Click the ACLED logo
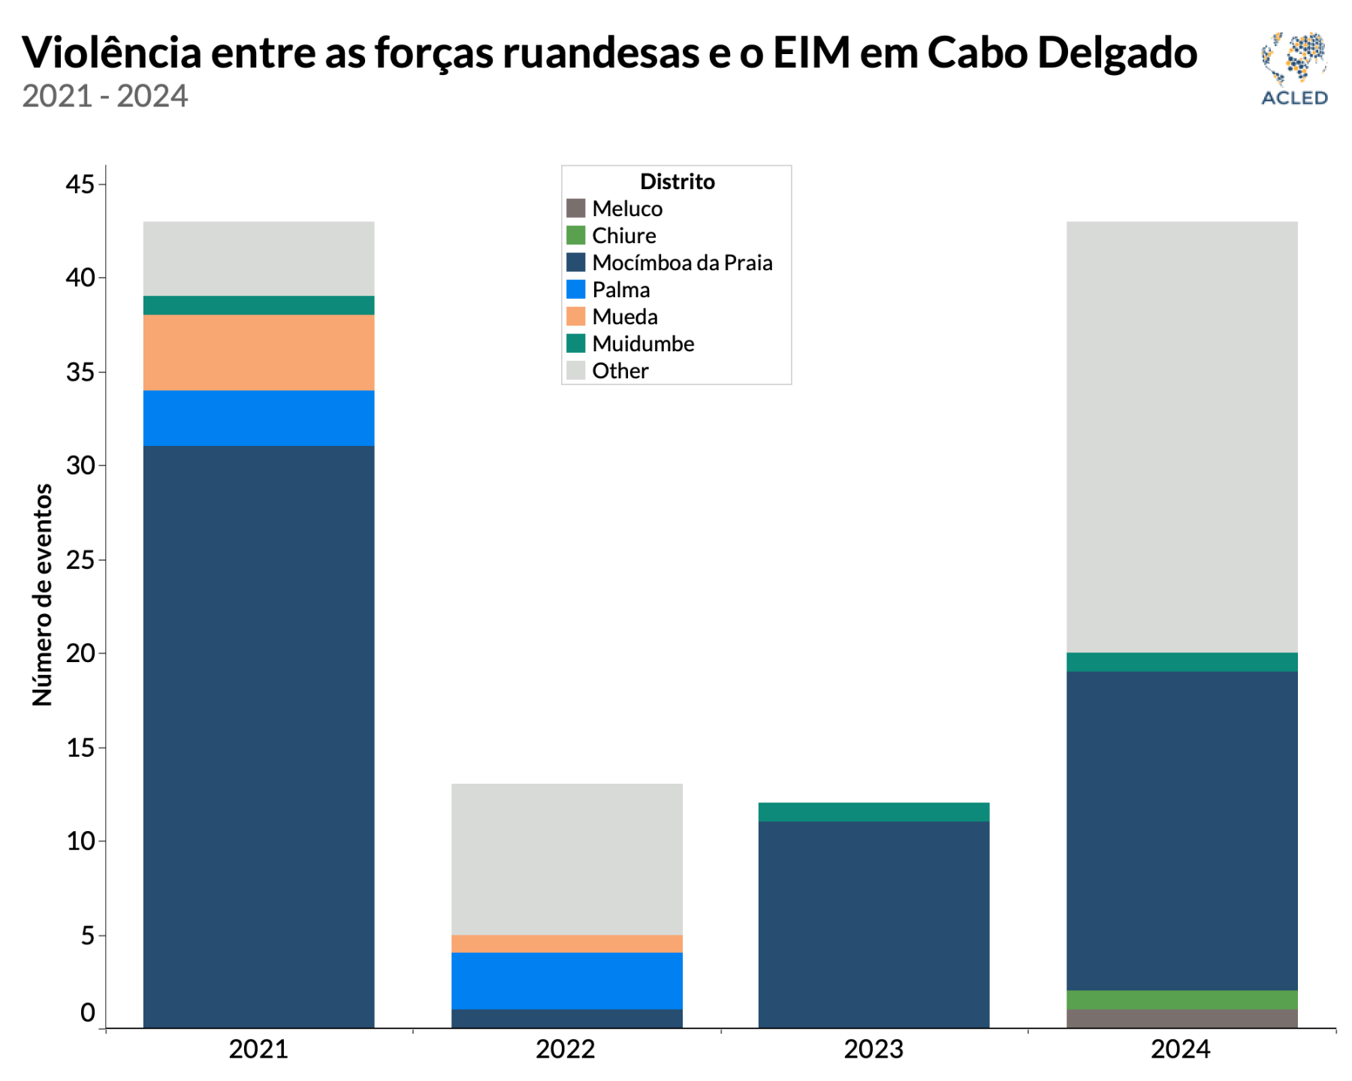(1293, 68)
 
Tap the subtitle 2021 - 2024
(104, 96)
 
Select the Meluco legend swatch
(575, 208)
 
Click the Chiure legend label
(623, 236)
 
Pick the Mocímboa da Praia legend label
(682, 263)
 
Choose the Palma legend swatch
(575, 290)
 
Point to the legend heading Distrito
(677, 182)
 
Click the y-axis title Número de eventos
(43, 595)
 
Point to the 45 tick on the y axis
(81, 184)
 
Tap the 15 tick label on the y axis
(81, 748)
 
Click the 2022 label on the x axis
(566, 1049)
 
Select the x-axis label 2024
(1181, 1049)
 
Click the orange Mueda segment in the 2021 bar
(258, 352)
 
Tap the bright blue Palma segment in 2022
(566, 980)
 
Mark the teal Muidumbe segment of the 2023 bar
(874, 812)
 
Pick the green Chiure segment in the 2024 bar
(1181, 1000)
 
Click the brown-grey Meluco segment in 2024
(1181, 1019)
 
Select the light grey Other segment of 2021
(258, 258)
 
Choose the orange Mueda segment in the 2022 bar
(566, 944)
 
